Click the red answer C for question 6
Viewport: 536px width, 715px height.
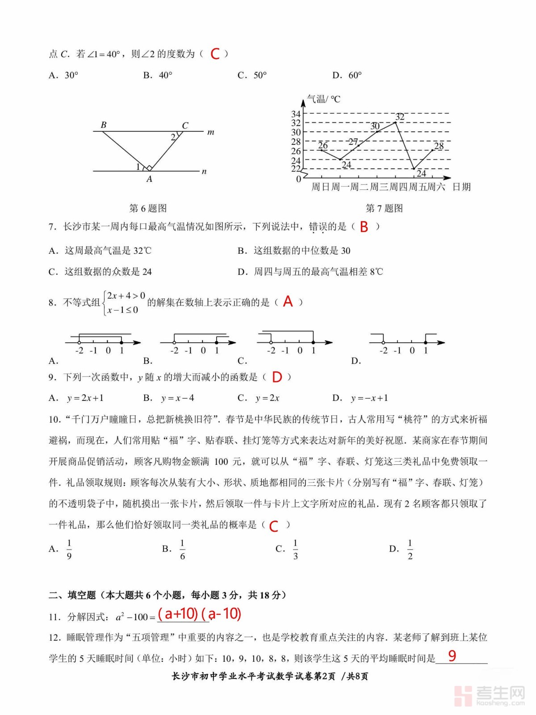pyautogui.click(x=215, y=54)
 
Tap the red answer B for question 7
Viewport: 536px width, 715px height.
pyautogui.click(x=364, y=227)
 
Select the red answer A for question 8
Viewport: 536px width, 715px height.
pyautogui.click(x=288, y=302)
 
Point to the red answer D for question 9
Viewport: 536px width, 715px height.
pyautogui.click(x=277, y=377)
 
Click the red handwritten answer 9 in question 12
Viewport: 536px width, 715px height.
pyautogui.click(x=452, y=656)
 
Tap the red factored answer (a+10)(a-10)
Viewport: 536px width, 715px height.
pyautogui.click(x=199, y=614)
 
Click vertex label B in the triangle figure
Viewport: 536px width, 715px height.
pyautogui.click(x=104, y=125)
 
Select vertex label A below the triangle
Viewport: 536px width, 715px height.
pyautogui.click(x=149, y=179)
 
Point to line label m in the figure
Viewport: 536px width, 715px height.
pyautogui.click(x=211, y=132)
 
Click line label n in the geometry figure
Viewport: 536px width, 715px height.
pyautogui.click(x=204, y=171)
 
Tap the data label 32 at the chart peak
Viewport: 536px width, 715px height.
pyautogui.click(x=400, y=117)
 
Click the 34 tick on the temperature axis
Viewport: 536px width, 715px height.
pyautogui.click(x=296, y=114)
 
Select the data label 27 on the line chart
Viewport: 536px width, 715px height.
pyautogui.click(x=353, y=142)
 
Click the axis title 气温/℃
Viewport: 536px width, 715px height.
pyautogui.click(x=323, y=99)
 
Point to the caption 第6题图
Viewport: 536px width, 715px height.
pyautogui.click(x=148, y=208)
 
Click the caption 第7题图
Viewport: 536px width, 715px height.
pyautogui.click(x=384, y=208)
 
